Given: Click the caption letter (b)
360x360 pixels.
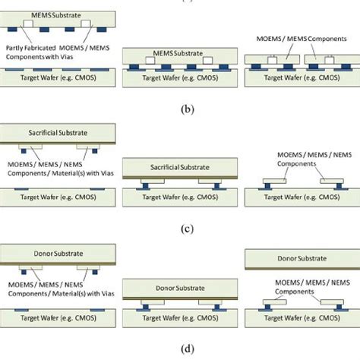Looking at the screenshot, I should [180, 109].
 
